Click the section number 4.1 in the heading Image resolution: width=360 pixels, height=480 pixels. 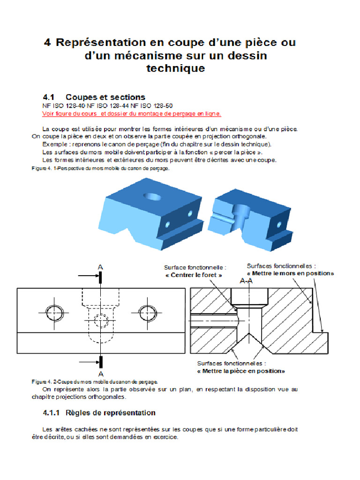(50, 97)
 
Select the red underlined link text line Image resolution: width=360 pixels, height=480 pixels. (132, 113)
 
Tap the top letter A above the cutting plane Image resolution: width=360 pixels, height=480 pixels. (100, 267)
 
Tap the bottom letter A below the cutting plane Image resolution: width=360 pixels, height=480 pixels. (100, 374)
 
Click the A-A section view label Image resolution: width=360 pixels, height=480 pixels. (247, 281)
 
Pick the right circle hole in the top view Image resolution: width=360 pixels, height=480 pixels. (148, 311)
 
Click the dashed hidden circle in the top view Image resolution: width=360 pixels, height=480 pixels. (100, 321)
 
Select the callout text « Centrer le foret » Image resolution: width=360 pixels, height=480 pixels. (194, 275)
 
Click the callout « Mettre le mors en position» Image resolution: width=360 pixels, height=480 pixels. (290, 273)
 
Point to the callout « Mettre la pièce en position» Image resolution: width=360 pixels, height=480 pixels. (241, 371)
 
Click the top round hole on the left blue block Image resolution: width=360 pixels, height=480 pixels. (153, 196)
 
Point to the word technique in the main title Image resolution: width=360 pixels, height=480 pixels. (175, 68)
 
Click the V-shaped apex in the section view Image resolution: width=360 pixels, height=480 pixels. (251, 334)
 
